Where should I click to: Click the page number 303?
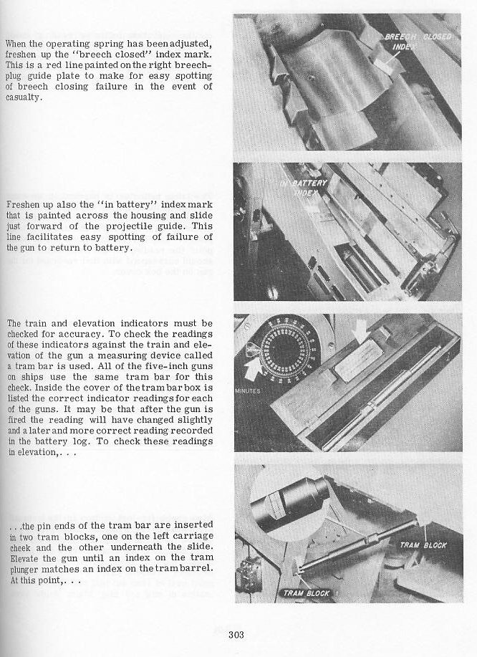[238, 633]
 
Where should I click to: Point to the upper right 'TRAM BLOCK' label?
[423, 545]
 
